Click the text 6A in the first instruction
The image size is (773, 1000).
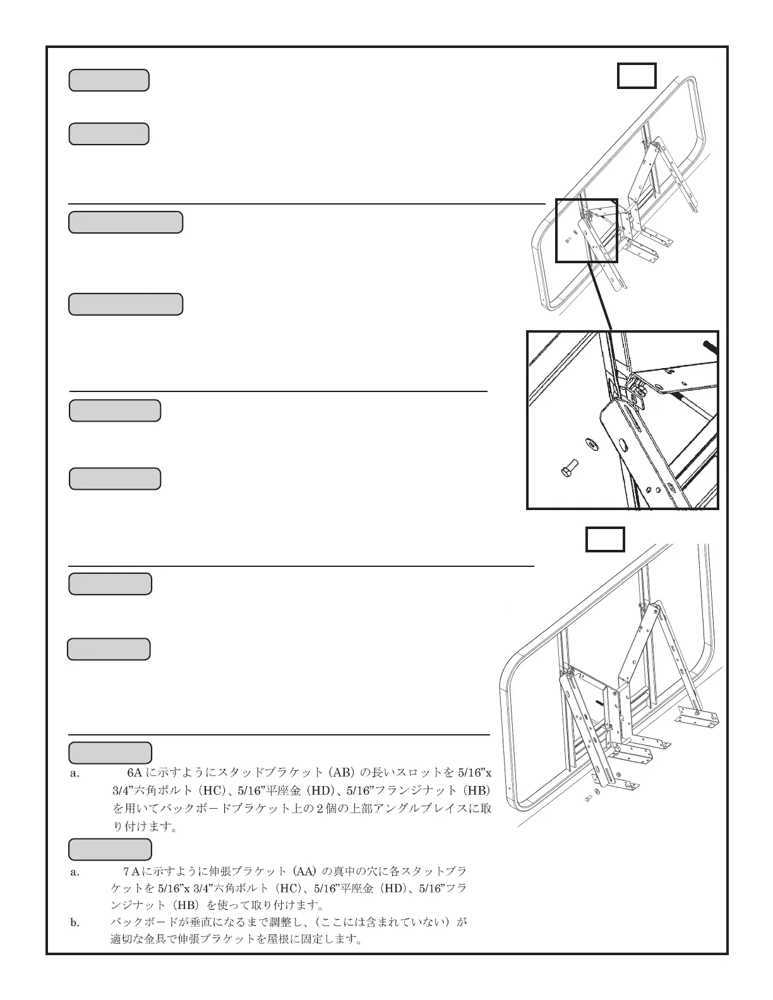[135, 772]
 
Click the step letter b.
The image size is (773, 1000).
[75, 923]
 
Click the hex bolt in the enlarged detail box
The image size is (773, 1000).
[566, 471]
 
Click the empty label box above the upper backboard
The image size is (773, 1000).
[636, 76]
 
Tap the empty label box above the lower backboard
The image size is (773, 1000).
[605, 539]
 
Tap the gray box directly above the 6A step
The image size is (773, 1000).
[110, 753]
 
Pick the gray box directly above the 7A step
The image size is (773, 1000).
[110, 849]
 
